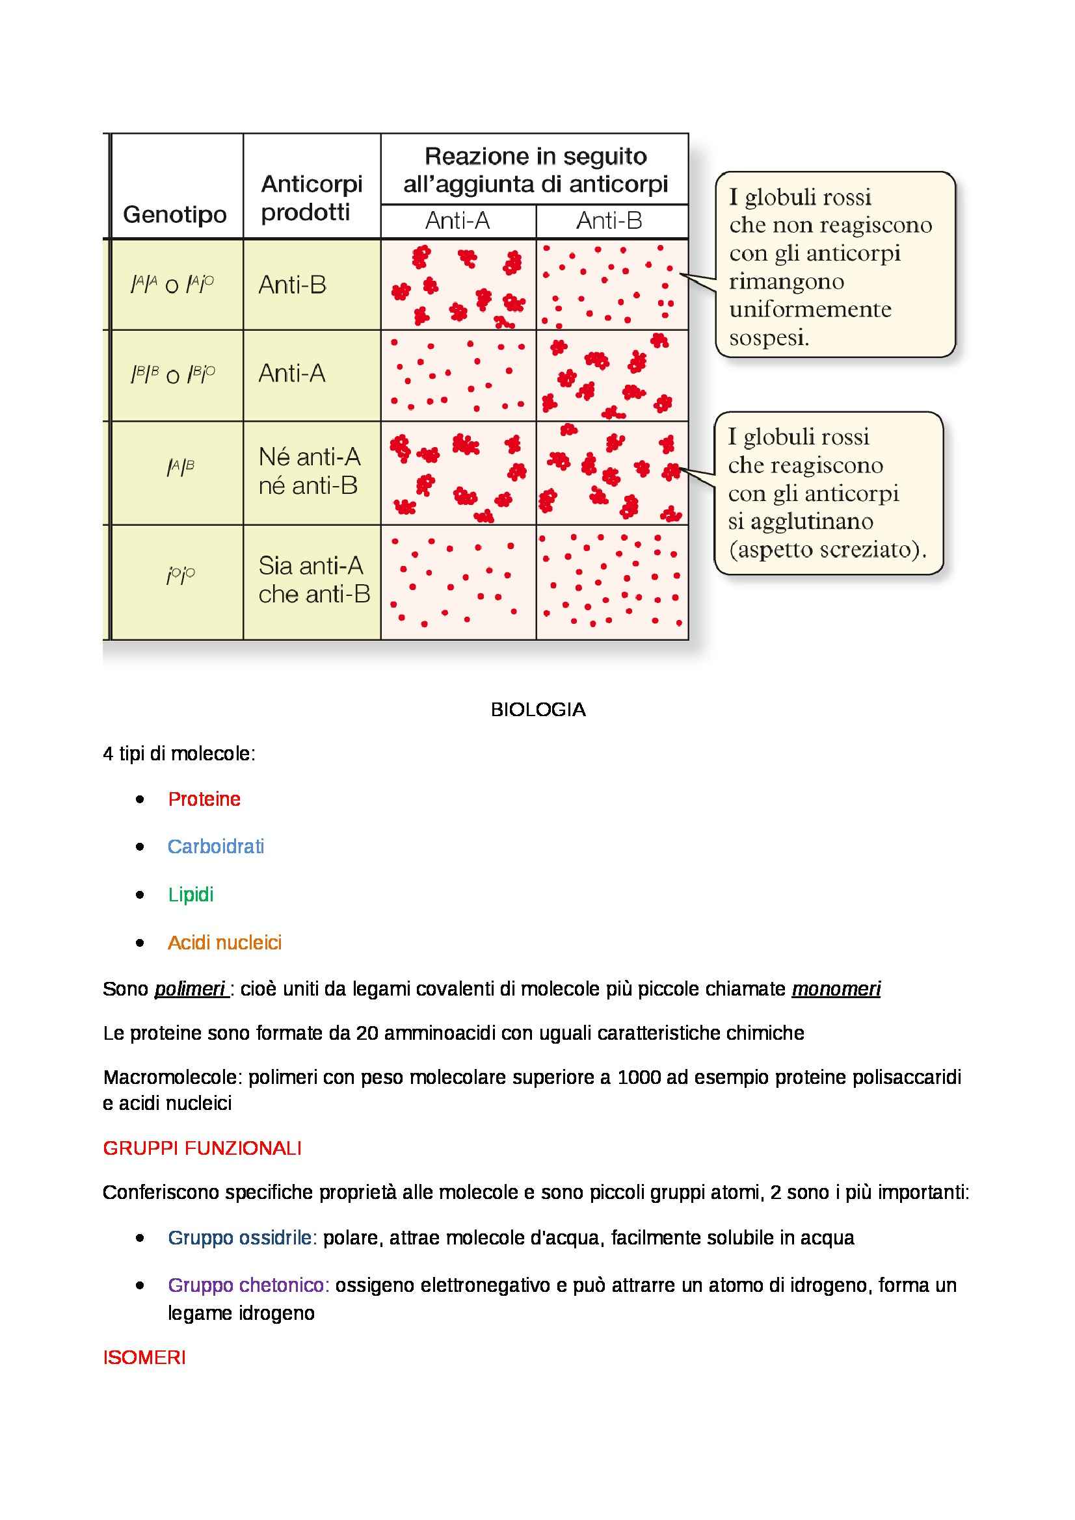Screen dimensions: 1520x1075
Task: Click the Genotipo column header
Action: (x=175, y=214)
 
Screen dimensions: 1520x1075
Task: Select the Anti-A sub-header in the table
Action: (x=458, y=220)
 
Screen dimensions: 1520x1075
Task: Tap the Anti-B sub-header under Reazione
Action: (x=609, y=220)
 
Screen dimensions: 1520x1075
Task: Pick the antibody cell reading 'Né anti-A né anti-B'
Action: (x=310, y=471)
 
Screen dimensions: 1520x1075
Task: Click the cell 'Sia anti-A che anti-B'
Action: (x=313, y=580)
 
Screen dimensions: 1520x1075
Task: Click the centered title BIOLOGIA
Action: (x=538, y=710)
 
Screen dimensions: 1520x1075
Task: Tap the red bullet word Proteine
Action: (x=204, y=799)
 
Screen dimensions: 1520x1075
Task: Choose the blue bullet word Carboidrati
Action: (x=216, y=847)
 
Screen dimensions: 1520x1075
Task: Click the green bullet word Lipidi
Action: (x=191, y=894)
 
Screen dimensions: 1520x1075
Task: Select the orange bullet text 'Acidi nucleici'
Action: (x=224, y=942)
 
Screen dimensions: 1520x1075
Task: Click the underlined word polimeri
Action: (x=190, y=989)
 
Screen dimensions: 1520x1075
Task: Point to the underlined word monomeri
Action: (x=836, y=989)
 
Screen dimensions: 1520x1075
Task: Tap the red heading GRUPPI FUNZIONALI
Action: (x=202, y=1148)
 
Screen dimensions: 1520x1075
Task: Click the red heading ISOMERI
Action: (x=144, y=1357)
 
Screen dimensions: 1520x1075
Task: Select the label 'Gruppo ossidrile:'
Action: (x=243, y=1237)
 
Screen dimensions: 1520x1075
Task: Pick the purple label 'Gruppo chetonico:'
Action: (x=248, y=1285)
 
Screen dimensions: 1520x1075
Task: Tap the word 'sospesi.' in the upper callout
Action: (x=769, y=338)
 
